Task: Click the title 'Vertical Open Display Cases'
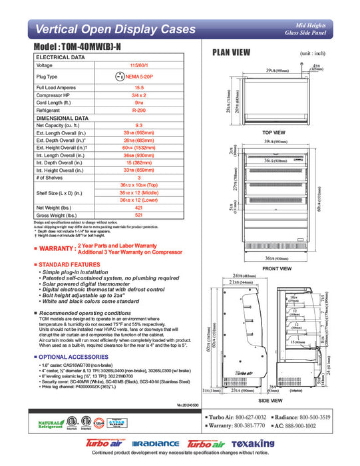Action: [115, 29]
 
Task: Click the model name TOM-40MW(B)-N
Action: [83, 49]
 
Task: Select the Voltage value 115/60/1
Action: [139, 65]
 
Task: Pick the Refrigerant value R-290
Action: [139, 110]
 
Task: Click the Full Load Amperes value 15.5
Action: [139, 87]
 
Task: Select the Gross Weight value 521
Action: [139, 216]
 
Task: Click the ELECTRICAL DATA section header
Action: [60, 58]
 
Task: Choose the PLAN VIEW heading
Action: [231, 53]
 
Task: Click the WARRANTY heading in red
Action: [57, 248]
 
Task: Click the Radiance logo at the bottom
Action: [156, 443]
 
